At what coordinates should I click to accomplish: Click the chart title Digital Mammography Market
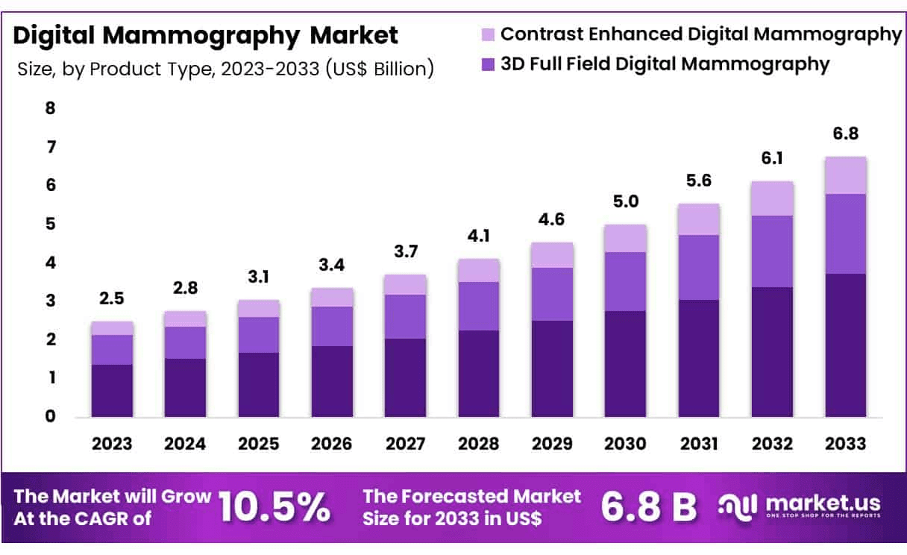(x=206, y=35)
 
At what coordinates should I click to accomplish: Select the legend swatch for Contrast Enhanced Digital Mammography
(x=488, y=34)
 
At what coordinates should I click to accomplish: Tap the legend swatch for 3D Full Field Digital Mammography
(x=488, y=64)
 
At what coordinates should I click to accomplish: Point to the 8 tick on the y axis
(x=51, y=108)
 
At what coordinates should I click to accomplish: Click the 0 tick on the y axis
(x=51, y=416)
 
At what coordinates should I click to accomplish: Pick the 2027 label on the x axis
(x=405, y=444)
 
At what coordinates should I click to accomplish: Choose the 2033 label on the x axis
(x=846, y=444)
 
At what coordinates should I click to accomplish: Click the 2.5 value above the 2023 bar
(x=112, y=298)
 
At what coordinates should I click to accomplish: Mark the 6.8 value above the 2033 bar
(x=846, y=134)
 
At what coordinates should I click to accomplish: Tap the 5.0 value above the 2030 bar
(x=625, y=201)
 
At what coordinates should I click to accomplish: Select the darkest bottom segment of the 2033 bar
(x=846, y=345)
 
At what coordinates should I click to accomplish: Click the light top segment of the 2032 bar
(x=772, y=198)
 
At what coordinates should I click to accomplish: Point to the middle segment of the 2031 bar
(x=699, y=267)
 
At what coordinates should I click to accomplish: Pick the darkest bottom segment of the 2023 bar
(x=112, y=390)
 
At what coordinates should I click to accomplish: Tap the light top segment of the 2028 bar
(x=478, y=270)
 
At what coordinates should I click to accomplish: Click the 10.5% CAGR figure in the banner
(x=275, y=508)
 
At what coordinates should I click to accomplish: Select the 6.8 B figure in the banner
(x=649, y=508)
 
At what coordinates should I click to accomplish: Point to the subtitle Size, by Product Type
(x=225, y=69)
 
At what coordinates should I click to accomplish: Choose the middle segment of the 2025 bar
(x=258, y=335)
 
